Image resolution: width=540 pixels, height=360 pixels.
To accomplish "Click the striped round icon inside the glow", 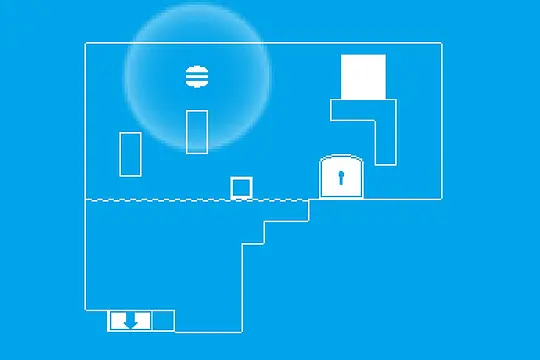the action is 197,76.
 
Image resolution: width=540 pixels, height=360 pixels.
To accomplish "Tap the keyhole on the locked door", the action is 340,179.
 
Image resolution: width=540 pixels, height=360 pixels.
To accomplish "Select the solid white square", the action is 363,77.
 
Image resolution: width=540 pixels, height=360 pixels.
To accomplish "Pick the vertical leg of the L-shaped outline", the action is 386,140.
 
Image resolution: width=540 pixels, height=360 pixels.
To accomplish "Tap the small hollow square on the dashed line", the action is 242,188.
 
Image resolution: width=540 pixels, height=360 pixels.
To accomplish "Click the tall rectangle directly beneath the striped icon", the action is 197,132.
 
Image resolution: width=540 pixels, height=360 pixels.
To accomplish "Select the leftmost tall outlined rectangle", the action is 130,154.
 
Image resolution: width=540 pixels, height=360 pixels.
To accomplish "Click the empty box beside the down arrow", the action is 163,321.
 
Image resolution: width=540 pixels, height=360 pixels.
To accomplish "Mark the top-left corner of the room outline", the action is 85,43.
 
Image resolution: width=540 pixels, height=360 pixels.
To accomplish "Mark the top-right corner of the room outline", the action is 442,43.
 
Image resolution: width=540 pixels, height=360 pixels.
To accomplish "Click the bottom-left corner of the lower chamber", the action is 85,310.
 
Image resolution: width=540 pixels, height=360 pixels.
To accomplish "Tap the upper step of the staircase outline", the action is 287,220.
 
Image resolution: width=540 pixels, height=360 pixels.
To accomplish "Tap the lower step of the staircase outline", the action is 254,242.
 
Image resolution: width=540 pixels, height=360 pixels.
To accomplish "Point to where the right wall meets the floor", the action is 442,199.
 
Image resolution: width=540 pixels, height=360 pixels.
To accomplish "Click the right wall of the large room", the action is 442,120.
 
